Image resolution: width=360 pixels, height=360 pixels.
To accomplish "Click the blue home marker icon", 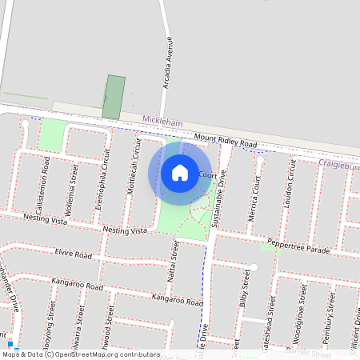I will pos(180,172).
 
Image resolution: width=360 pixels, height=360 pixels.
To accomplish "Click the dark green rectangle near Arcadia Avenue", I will pos(115,97).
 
